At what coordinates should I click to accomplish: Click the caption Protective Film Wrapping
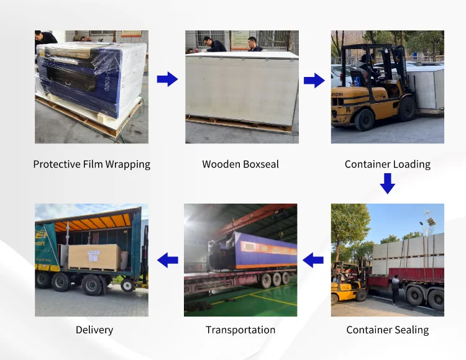[91, 164]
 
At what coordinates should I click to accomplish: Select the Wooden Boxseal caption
[240, 164]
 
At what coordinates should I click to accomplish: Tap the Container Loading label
[387, 164]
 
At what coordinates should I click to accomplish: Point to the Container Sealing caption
[387, 330]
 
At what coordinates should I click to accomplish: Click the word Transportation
[240, 330]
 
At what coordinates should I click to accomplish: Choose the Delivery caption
[94, 330]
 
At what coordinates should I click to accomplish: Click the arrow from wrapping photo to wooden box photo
[167, 79]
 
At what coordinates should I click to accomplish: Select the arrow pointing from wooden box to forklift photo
[314, 80]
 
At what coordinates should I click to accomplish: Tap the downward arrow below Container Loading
[388, 183]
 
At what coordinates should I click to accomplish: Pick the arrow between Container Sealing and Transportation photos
[313, 260]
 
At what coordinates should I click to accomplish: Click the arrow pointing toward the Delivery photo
[167, 260]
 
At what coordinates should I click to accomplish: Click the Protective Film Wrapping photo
[91, 87]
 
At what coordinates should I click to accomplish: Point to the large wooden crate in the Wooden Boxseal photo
[242, 87]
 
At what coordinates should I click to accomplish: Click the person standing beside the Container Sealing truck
[395, 289]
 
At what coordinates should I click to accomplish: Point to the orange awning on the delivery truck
[93, 221]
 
